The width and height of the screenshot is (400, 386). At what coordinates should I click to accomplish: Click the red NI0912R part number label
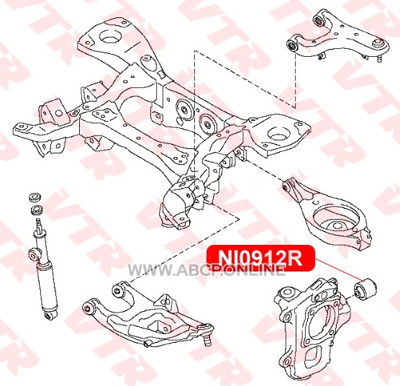260,258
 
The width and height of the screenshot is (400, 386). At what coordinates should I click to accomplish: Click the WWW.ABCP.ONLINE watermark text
206,270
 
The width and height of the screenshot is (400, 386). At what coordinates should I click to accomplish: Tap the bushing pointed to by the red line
365,289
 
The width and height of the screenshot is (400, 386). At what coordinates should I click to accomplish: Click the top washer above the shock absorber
35,197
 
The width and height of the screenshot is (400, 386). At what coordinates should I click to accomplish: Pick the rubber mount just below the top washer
36,210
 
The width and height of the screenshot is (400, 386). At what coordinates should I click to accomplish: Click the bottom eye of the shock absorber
50,315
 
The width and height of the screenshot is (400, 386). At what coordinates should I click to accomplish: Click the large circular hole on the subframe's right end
279,133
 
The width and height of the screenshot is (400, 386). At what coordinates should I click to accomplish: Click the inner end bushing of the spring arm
286,186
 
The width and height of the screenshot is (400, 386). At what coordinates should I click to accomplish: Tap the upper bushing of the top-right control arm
318,21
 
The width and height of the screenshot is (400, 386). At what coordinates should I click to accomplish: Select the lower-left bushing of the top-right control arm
291,46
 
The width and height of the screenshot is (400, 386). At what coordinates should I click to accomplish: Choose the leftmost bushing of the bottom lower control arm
87,308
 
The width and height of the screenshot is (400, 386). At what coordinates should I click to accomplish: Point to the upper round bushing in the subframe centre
183,109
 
